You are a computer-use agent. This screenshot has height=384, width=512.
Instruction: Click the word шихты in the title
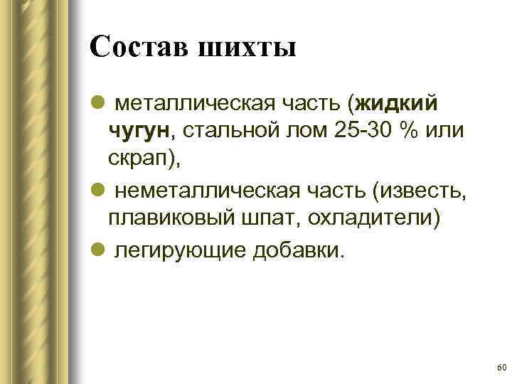coord(248,49)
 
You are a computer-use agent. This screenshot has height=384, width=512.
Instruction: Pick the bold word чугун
coord(139,132)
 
